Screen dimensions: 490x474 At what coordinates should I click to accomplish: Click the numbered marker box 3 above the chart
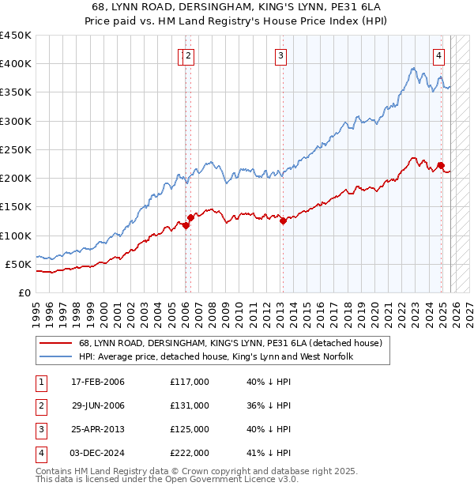click(x=281, y=55)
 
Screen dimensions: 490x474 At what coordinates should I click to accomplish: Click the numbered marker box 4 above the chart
click(x=438, y=55)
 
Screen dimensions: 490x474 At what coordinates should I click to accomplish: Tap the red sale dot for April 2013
click(x=282, y=221)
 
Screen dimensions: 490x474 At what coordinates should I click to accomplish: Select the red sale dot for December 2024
click(x=441, y=164)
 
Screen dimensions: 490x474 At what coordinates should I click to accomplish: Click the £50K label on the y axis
click(x=19, y=264)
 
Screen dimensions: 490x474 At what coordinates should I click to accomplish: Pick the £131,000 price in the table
click(x=190, y=405)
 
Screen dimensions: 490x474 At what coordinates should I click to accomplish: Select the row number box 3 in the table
click(x=39, y=429)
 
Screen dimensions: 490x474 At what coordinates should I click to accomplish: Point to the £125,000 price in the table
click(x=190, y=429)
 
